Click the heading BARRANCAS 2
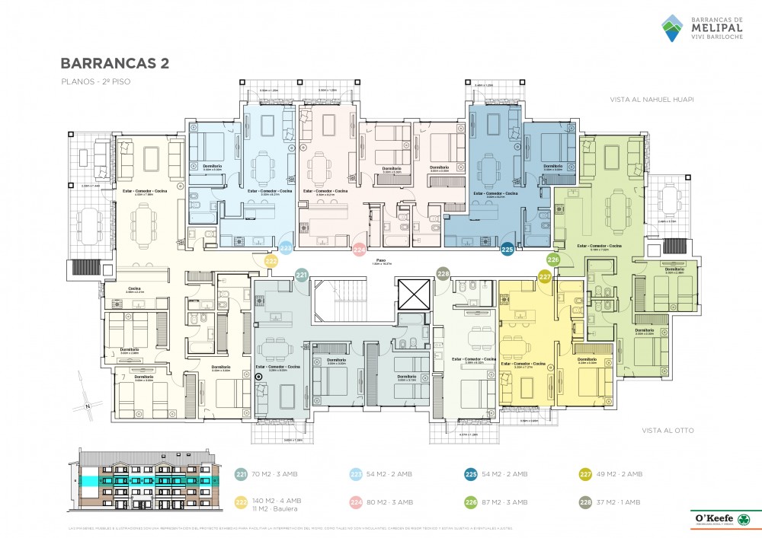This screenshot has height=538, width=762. pos(114,63)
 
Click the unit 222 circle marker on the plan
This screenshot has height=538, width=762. pos(271,259)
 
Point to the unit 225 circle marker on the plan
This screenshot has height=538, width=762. pos(507,247)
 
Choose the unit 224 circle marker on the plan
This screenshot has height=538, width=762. pos(360,247)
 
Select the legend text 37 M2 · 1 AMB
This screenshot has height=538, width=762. pos(620,502)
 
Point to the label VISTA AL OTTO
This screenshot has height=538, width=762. pos(668,431)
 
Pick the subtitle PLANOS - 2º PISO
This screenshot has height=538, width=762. pos(87,81)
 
